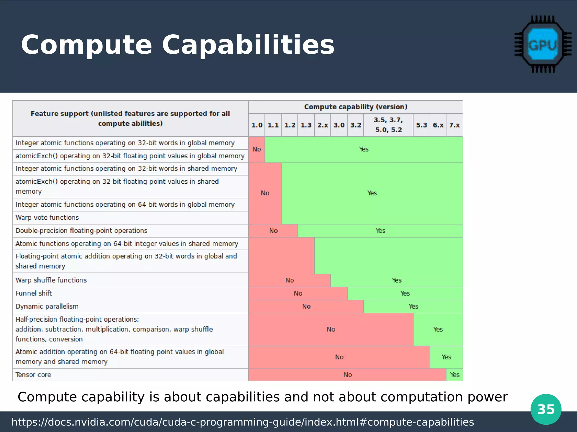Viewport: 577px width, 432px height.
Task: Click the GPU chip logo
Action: [x=543, y=44]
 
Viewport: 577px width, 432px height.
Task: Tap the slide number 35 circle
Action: [x=546, y=409]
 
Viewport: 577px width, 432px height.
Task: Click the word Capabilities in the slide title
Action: [x=248, y=45]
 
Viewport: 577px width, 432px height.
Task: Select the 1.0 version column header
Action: [x=257, y=125]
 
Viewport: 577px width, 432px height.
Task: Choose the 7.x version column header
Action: [x=454, y=125]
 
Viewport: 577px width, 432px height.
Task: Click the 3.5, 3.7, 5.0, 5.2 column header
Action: [x=388, y=125]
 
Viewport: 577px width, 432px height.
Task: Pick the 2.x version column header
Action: [x=323, y=125]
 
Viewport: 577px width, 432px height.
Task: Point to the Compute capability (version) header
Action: [x=356, y=107]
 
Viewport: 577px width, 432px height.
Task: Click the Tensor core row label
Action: [x=33, y=375]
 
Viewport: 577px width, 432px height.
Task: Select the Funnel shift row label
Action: [x=34, y=293]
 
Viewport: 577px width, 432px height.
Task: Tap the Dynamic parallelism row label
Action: [x=47, y=306]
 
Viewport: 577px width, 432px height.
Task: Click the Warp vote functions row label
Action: [x=47, y=217]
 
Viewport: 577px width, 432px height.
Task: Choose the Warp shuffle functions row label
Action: [x=51, y=280]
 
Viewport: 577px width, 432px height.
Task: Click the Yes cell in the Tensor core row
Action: [x=454, y=375]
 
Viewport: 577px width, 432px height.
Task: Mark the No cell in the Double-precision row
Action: [x=273, y=231]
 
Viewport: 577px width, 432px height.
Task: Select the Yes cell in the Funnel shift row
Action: [x=405, y=293]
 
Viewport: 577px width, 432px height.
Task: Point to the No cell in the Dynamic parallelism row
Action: [x=306, y=306]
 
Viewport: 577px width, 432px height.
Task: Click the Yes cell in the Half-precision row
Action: [x=438, y=329]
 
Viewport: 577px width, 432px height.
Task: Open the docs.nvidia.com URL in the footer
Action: [x=243, y=422]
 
